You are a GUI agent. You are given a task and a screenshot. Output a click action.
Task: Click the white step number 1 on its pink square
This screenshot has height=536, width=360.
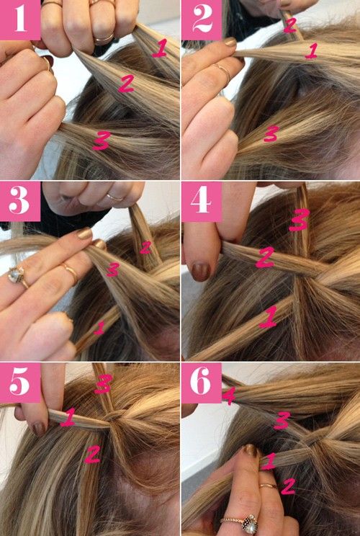(x=20, y=19)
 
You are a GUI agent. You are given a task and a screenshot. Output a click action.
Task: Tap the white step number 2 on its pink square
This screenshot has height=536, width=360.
(x=202, y=19)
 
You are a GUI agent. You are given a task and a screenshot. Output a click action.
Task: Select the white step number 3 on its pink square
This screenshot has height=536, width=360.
(x=20, y=200)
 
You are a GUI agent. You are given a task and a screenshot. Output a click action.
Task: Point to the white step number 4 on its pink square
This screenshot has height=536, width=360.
(x=201, y=200)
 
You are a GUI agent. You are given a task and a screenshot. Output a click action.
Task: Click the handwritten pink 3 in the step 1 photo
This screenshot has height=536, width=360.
(x=102, y=140)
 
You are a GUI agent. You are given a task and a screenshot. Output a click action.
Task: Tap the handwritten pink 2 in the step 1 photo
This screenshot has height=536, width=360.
(x=126, y=84)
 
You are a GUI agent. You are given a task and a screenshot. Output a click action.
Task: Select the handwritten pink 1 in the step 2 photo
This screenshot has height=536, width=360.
(x=312, y=50)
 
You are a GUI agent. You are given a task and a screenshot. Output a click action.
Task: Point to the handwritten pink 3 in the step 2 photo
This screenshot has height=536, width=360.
(x=271, y=133)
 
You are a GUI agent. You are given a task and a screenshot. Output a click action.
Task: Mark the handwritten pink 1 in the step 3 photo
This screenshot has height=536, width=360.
(x=99, y=328)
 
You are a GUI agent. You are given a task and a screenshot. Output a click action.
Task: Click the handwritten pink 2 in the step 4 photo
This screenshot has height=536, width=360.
(x=265, y=257)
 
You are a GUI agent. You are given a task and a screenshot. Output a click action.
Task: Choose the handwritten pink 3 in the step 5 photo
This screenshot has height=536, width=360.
(x=104, y=384)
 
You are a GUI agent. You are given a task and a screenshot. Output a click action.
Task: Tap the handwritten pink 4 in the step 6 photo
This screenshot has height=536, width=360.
(x=228, y=396)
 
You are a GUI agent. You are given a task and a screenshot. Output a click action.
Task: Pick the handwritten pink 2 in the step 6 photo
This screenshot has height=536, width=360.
(x=287, y=486)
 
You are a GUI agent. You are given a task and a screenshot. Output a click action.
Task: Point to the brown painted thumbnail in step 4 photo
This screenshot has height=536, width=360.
(x=200, y=272)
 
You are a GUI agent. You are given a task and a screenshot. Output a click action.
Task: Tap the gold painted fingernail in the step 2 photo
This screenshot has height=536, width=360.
(x=230, y=42)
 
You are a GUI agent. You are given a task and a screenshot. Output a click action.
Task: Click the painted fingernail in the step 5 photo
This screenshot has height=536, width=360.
(x=40, y=429)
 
